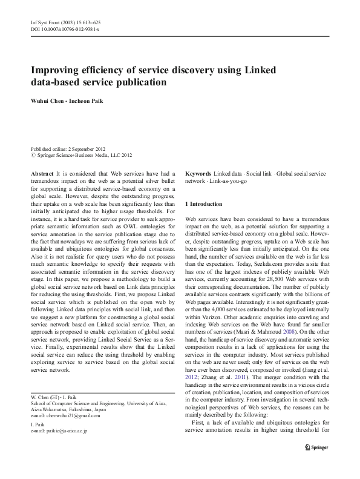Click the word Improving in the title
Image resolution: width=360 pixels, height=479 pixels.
pos(56,70)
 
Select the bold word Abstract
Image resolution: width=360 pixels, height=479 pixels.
pos(42,173)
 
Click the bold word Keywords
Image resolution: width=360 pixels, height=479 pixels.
pos(198,173)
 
